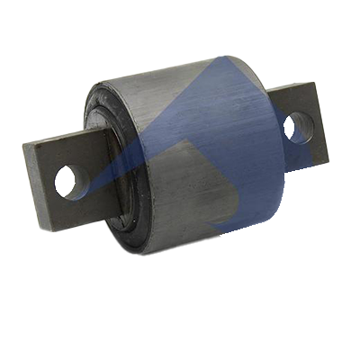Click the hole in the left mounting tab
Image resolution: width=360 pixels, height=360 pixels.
pos(67,181)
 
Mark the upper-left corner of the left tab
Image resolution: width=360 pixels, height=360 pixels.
pos(25,142)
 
